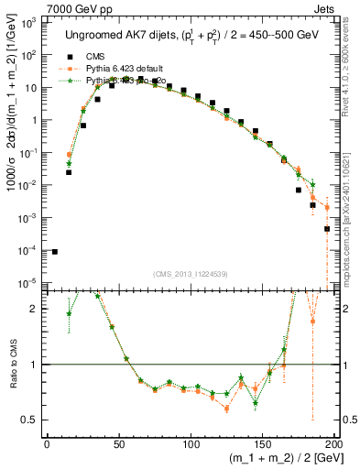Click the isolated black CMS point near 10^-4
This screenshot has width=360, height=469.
pyautogui.click(x=54, y=251)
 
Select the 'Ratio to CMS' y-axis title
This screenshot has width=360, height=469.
pyautogui.click(x=11, y=364)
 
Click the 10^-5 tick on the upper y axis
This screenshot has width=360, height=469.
pyautogui.click(x=32, y=281)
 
